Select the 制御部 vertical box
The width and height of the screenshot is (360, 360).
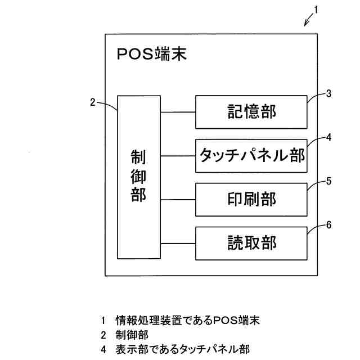click(x=138, y=177)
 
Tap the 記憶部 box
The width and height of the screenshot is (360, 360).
click(x=251, y=112)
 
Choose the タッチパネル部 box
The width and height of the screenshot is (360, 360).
click(x=251, y=156)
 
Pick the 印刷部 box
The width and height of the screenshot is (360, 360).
click(x=251, y=200)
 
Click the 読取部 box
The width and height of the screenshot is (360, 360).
click(x=251, y=243)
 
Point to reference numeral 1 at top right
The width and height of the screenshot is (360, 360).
click(x=317, y=10)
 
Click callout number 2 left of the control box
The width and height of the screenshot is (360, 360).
click(x=93, y=102)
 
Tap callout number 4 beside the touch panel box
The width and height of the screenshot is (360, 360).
click(x=328, y=136)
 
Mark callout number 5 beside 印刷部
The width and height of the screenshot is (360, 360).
click(x=328, y=181)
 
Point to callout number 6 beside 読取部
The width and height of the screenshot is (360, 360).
click(x=328, y=224)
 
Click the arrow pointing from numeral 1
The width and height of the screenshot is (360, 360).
click(x=309, y=21)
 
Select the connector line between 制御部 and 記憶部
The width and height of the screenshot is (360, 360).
click(x=178, y=112)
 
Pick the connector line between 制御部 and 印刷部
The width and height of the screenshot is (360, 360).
click(x=178, y=200)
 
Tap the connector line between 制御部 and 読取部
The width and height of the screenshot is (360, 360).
click(x=178, y=243)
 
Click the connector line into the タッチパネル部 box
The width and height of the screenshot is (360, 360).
click(x=178, y=156)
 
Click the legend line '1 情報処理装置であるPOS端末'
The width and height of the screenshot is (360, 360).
click(x=180, y=321)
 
